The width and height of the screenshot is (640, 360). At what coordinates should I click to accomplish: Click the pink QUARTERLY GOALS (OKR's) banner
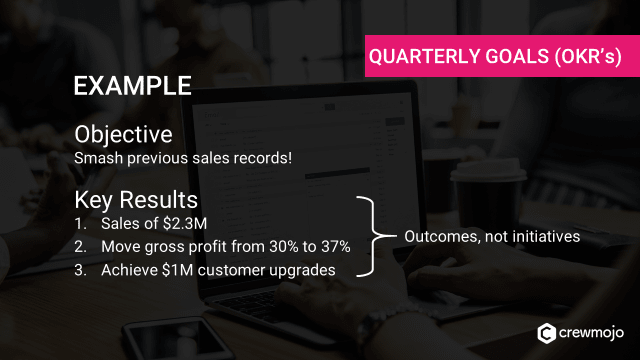502,58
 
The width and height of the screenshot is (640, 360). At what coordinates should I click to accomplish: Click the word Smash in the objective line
97,158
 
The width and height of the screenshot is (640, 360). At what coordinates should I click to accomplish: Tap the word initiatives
544,237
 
